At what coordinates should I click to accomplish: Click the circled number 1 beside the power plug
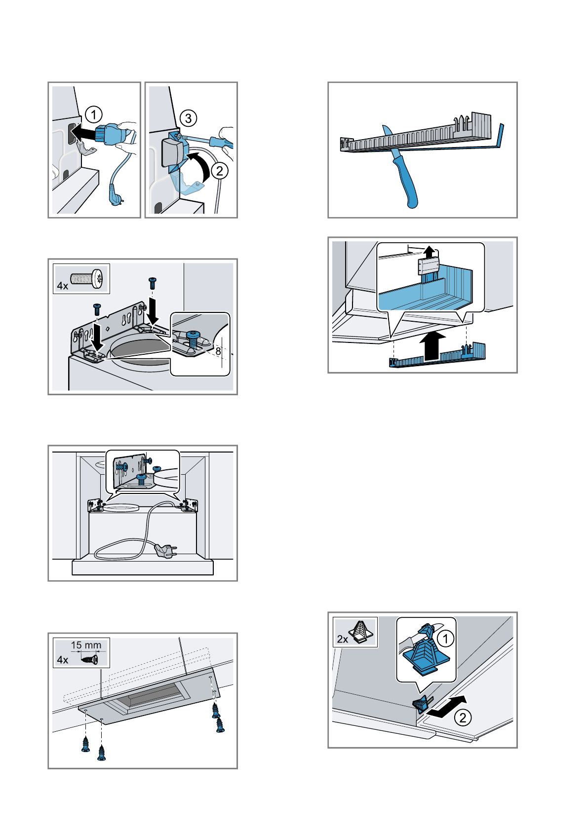(x=93, y=115)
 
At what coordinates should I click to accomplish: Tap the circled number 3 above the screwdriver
(x=188, y=118)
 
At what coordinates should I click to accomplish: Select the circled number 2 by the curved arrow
(x=219, y=171)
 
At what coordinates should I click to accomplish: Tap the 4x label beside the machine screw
(x=62, y=286)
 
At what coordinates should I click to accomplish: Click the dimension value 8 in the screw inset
(x=218, y=352)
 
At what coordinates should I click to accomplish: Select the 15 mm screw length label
(x=86, y=645)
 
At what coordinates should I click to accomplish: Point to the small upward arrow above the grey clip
(x=430, y=252)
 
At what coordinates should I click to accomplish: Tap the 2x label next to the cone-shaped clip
(x=342, y=639)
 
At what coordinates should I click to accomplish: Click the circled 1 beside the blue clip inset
(x=445, y=639)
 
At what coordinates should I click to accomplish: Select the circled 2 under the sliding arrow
(x=463, y=717)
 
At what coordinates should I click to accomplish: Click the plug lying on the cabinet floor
(x=166, y=551)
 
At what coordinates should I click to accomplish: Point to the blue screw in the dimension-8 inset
(x=193, y=339)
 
